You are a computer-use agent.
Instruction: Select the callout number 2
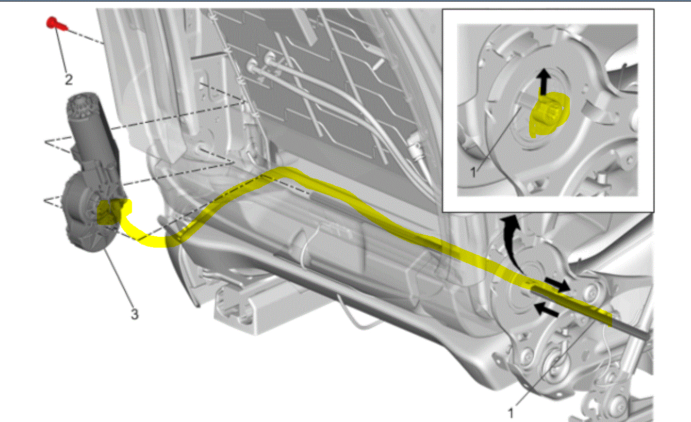68,79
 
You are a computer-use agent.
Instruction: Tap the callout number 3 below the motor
134,314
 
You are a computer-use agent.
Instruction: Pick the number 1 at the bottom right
511,412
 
